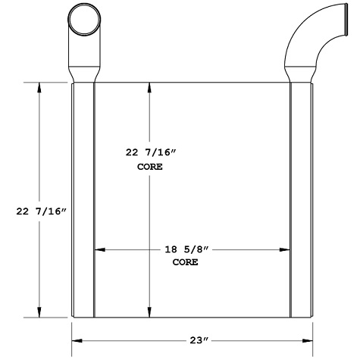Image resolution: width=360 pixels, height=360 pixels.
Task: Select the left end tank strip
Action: [83, 200]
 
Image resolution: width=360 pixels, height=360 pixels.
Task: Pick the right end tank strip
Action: [302, 200]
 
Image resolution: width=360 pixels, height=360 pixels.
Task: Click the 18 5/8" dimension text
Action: [186, 249]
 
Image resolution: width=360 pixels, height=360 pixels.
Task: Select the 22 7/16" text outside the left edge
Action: [41, 211]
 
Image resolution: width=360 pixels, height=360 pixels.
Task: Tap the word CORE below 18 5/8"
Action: [186, 262]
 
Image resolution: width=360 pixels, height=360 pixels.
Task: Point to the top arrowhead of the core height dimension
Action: [150, 87]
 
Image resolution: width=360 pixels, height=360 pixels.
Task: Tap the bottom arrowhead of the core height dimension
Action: [150, 313]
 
